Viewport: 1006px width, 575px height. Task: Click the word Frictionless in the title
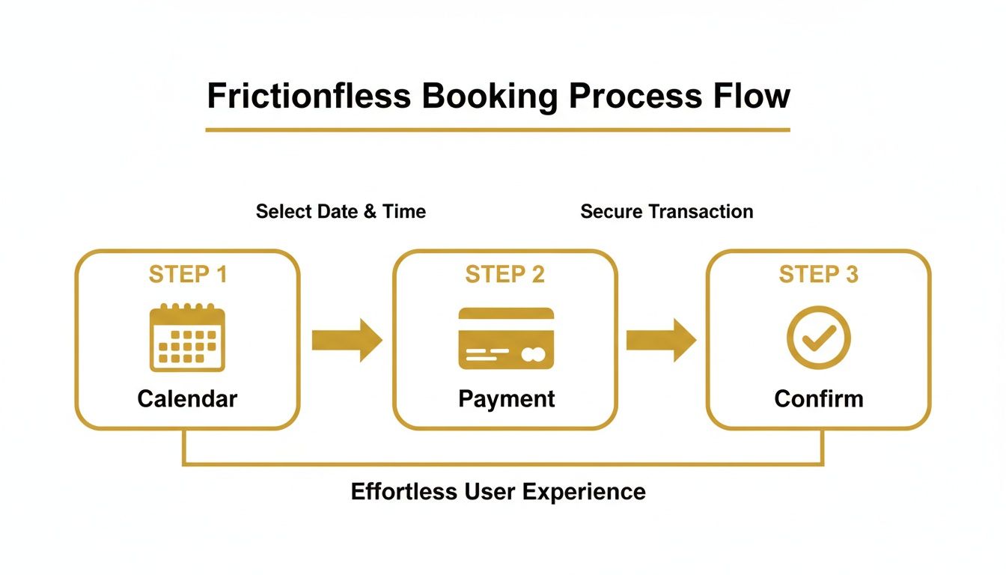(x=308, y=96)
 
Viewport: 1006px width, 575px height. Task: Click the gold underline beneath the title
(x=498, y=130)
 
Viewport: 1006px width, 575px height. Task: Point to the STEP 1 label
(x=187, y=275)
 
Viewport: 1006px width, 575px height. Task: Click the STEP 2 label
(x=504, y=275)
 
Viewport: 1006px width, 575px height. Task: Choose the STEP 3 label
(x=818, y=275)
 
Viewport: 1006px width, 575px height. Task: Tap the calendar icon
(x=187, y=338)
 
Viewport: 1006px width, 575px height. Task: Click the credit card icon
(x=506, y=338)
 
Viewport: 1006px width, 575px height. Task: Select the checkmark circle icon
(x=818, y=338)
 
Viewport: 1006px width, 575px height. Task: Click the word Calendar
(x=187, y=398)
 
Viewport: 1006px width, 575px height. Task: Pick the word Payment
(x=506, y=398)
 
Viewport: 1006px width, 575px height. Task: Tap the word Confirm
(x=818, y=398)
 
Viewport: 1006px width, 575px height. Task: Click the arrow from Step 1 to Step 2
(x=347, y=340)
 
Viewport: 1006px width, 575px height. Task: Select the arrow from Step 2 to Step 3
(x=661, y=340)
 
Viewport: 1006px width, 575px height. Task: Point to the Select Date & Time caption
(x=341, y=212)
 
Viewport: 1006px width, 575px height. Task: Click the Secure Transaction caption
(x=666, y=212)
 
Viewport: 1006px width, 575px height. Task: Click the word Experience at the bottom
(x=583, y=492)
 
